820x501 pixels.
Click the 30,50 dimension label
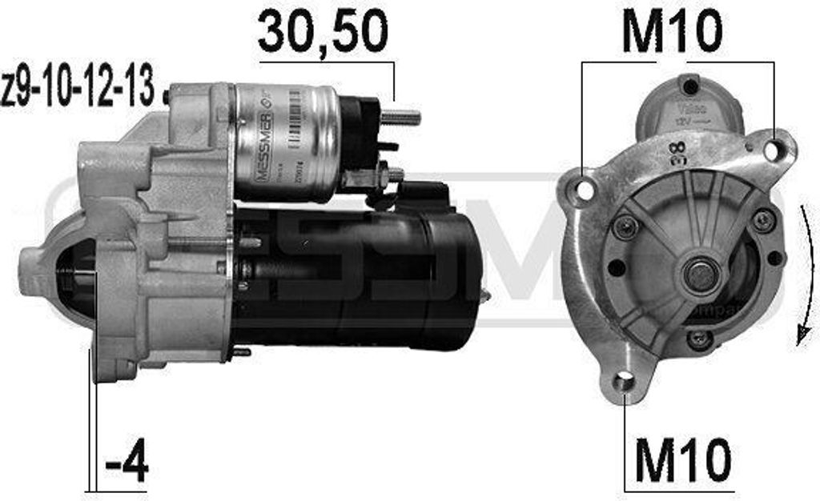point(322,32)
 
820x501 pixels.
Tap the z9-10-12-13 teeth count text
point(78,89)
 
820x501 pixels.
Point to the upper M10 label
point(672,32)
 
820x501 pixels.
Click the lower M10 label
point(682,460)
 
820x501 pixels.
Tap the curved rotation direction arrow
point(804,276)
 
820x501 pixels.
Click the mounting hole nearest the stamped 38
point(772,149)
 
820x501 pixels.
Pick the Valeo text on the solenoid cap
point(688,106)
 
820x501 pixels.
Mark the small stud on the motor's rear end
point(484,296)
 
